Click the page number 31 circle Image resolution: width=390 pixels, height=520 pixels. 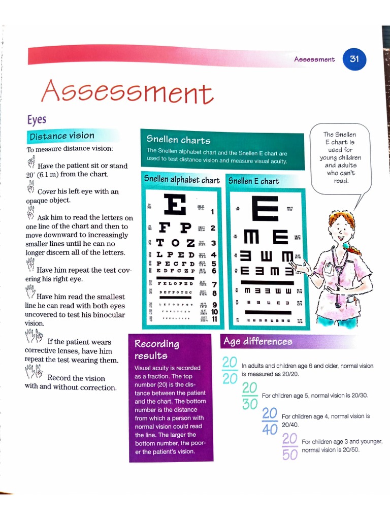coord(354,59)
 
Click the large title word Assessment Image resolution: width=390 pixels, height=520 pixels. coord(126,93)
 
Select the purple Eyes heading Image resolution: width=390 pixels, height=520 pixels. coord(37,119)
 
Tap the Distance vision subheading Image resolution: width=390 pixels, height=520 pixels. coord(62,136)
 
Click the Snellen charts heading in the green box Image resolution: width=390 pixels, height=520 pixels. coord(178,140)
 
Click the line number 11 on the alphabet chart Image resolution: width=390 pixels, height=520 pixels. coord(214,319)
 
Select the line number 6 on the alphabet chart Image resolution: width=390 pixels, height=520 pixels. coord(214,271)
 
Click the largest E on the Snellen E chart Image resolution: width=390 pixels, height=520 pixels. coord(265,207)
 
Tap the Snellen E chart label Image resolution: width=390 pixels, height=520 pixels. coord(253,181)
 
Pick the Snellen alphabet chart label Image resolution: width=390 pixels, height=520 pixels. coord(182,180)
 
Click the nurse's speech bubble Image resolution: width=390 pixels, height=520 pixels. coord(339,157)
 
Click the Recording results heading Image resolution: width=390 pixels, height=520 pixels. coord(156,349)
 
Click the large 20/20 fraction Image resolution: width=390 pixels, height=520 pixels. coord(230,371)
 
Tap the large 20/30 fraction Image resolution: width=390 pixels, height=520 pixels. coord(250,396)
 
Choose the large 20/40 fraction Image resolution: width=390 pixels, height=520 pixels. coord(270,421)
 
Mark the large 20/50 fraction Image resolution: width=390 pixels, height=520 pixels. coord(289,446)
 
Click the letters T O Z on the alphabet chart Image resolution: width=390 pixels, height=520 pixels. coord(176,243)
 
